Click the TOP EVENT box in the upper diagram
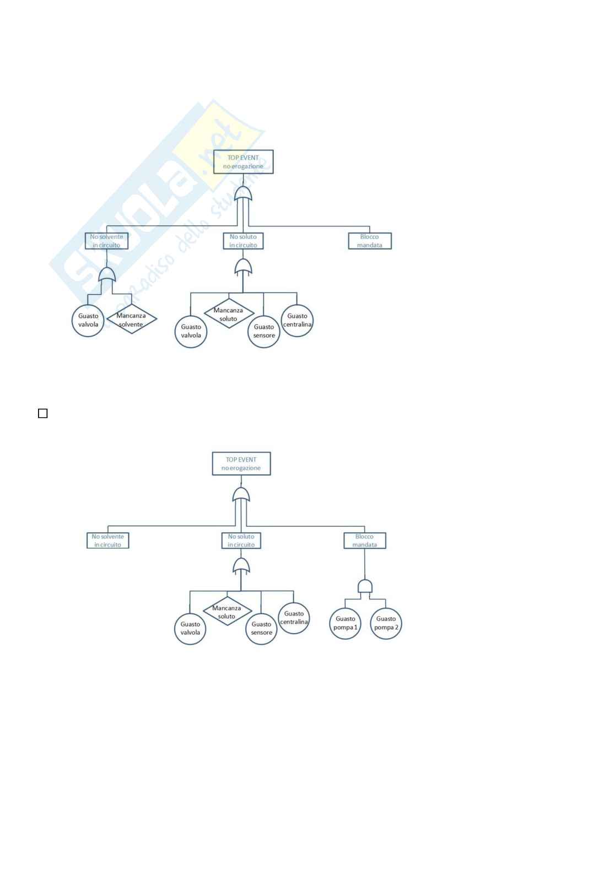pyautogui.click(x=243, y=162)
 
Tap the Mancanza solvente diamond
pyautogui.click(x=131, y=320)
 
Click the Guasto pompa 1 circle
pyautogui.click(x=346, y=623)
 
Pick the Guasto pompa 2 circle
pyautogui.click(x=386, y=623)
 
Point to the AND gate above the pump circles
pyautogui.click(x=365, y=586)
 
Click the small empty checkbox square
pyautogui.click(x=42, y=413)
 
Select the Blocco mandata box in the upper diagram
pyautogui.click(x=370, y=241)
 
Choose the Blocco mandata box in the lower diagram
pyautogui.click(x=364, y=541)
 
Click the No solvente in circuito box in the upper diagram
pyautogui.click(x=107, y=241)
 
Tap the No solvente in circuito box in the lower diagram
pyautogui.click(x=108, y=541)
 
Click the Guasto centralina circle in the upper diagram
pyautogui.click(x=297, y=320)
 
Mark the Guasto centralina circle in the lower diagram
pyautogui.click(x=294, y=618)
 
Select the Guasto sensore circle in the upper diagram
pyautogui.click(x=264, y=331)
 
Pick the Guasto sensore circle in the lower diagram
pyautogui.click(x=261, y=628)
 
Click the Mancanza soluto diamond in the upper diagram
pyautogui.click(x=228, y=314)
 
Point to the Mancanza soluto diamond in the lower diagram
pyautogui.click(x=226, y=612)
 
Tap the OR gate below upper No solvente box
pyautogui.click(x=107, y=274)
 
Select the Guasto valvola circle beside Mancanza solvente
pyautogui.click(x=88, y=320)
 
